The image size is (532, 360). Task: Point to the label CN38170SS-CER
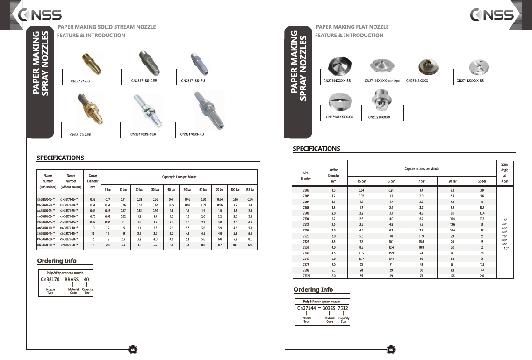143,134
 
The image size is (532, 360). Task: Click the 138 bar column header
250,190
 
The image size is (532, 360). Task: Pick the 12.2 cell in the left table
250,245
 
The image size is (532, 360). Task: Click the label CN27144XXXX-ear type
382,81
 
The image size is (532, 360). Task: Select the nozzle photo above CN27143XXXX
425,65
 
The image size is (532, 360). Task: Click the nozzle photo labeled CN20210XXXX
380,101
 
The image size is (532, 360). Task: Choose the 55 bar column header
482,180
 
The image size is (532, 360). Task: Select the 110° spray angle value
505,248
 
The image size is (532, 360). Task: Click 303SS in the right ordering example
330,309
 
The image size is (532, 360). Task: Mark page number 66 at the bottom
391,349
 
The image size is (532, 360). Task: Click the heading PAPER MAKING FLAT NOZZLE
352,27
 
